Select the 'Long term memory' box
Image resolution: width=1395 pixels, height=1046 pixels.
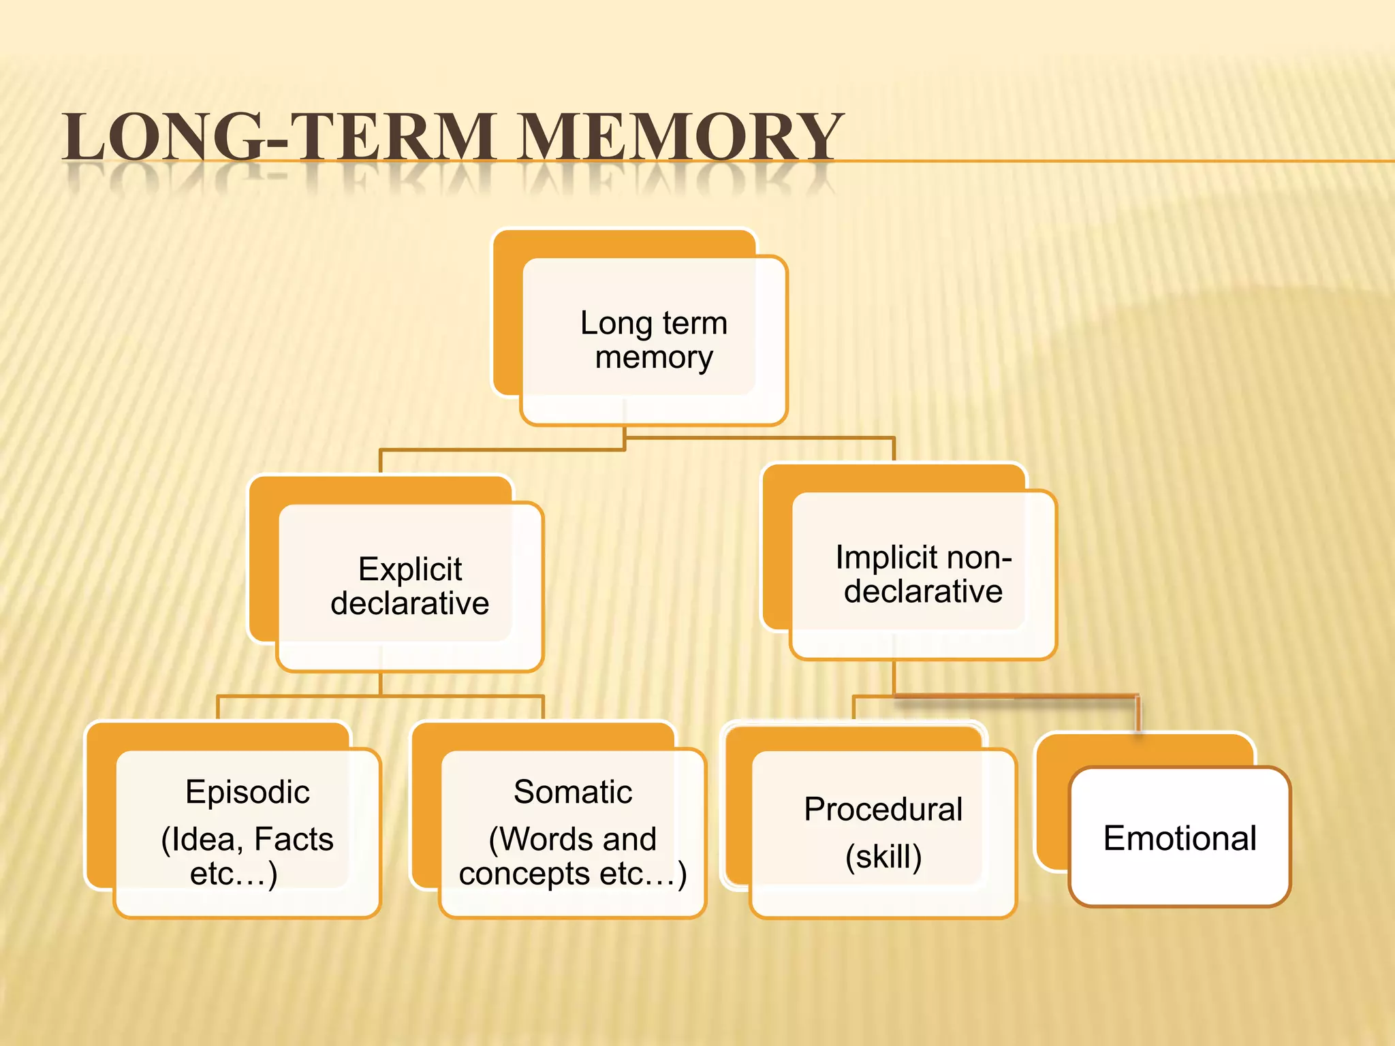point(654,340)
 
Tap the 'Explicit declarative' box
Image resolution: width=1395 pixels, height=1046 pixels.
point(410,586)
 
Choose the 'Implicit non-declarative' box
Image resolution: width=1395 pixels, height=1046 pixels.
point(924,574)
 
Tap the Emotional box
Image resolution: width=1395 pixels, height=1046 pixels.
point(1180,838)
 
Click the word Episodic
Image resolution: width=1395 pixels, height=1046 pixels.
point(247,792)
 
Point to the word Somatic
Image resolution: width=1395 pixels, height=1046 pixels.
point(573,792)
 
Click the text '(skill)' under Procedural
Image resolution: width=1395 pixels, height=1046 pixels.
point(883,857)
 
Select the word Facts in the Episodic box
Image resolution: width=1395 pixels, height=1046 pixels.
point(294,839)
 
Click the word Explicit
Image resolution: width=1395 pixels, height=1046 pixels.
point(410,569)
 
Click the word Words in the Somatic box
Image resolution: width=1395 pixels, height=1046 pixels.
point(548,839)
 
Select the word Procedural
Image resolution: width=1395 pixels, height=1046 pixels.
point(883,810)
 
